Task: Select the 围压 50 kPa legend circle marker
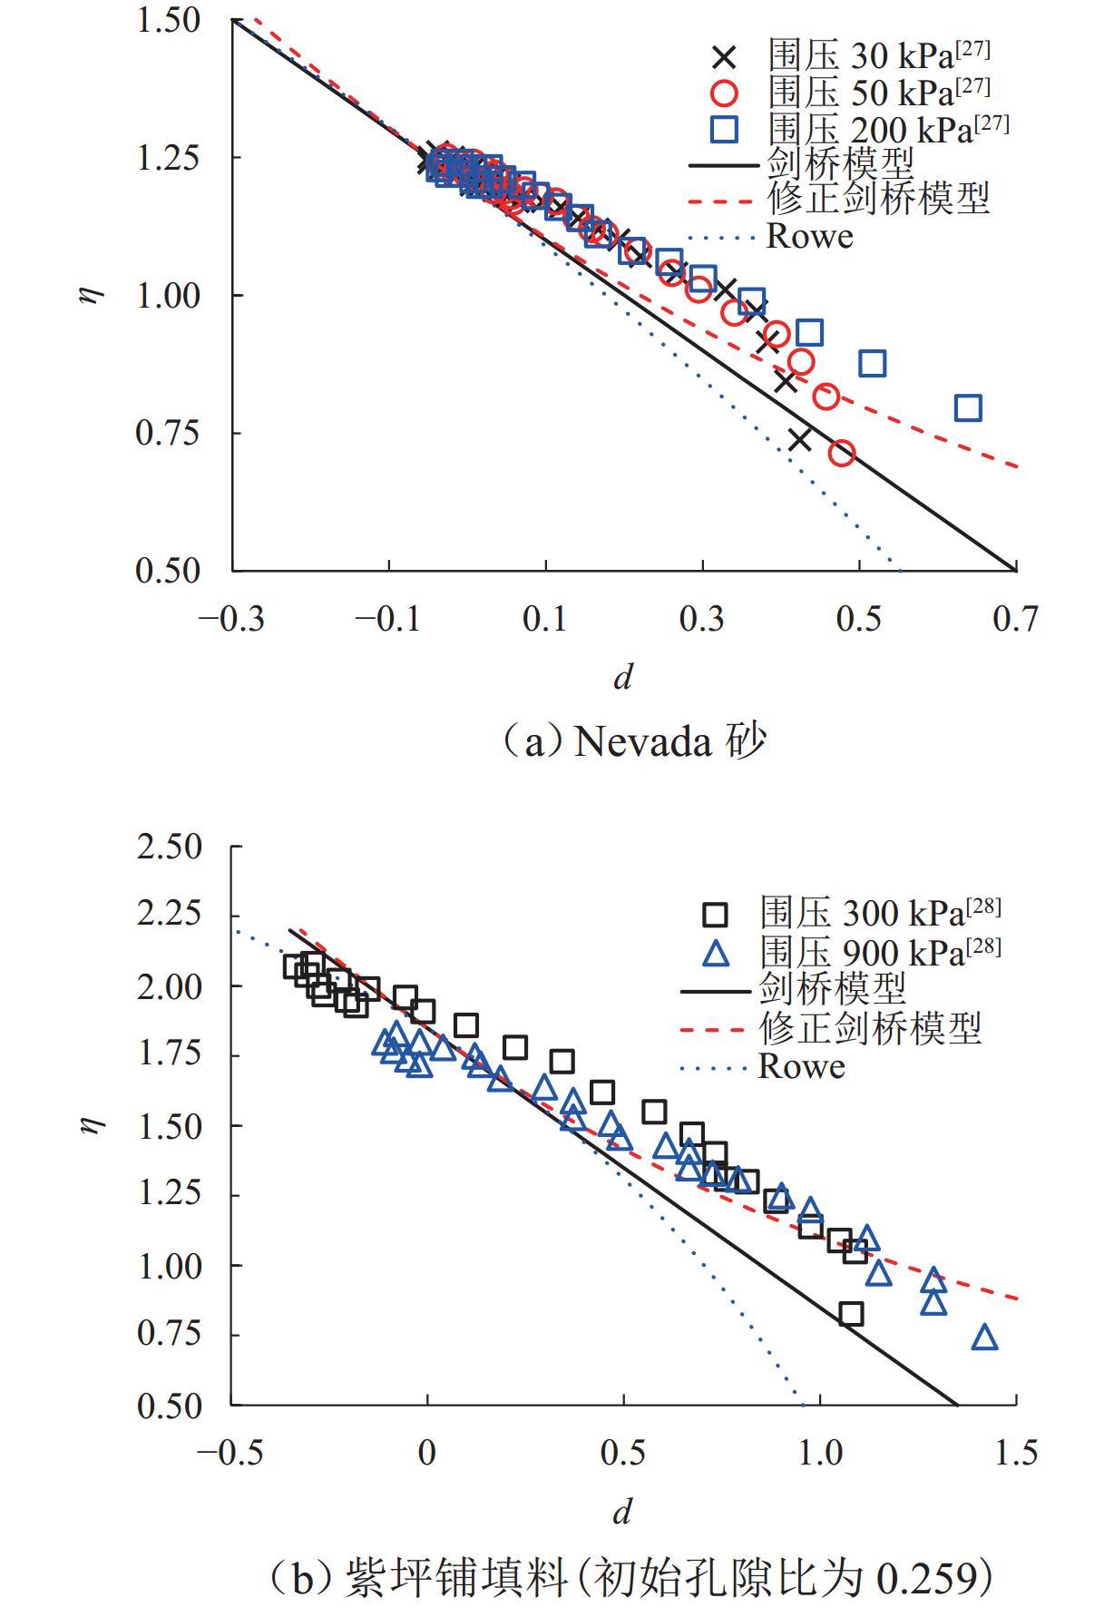click(x=724, y=93)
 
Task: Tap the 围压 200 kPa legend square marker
click(x=724, y=130)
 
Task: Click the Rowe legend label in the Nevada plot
click(x=809, y=237)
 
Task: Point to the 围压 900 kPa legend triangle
click(x=717, y=953)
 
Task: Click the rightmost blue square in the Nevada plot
click(x=968, y=408)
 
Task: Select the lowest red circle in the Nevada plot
click(x=842, y=453)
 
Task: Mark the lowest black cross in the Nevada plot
click(x=799, y=439)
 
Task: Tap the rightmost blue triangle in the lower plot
click(x=984, y=1338)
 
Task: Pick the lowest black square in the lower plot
click(x=851, y=1313)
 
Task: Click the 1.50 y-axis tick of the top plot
click(x=169, y=21)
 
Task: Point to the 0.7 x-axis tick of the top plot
click(x=1015, y=619)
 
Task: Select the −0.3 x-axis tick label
click(x=232, y=619)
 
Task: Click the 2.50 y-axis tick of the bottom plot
click(x=169, y=847)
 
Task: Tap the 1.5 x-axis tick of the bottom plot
click(x=1016, y=1453)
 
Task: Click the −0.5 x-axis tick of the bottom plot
click(x=230, y=1453)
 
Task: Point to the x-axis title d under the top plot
click(x=623, y=677)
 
